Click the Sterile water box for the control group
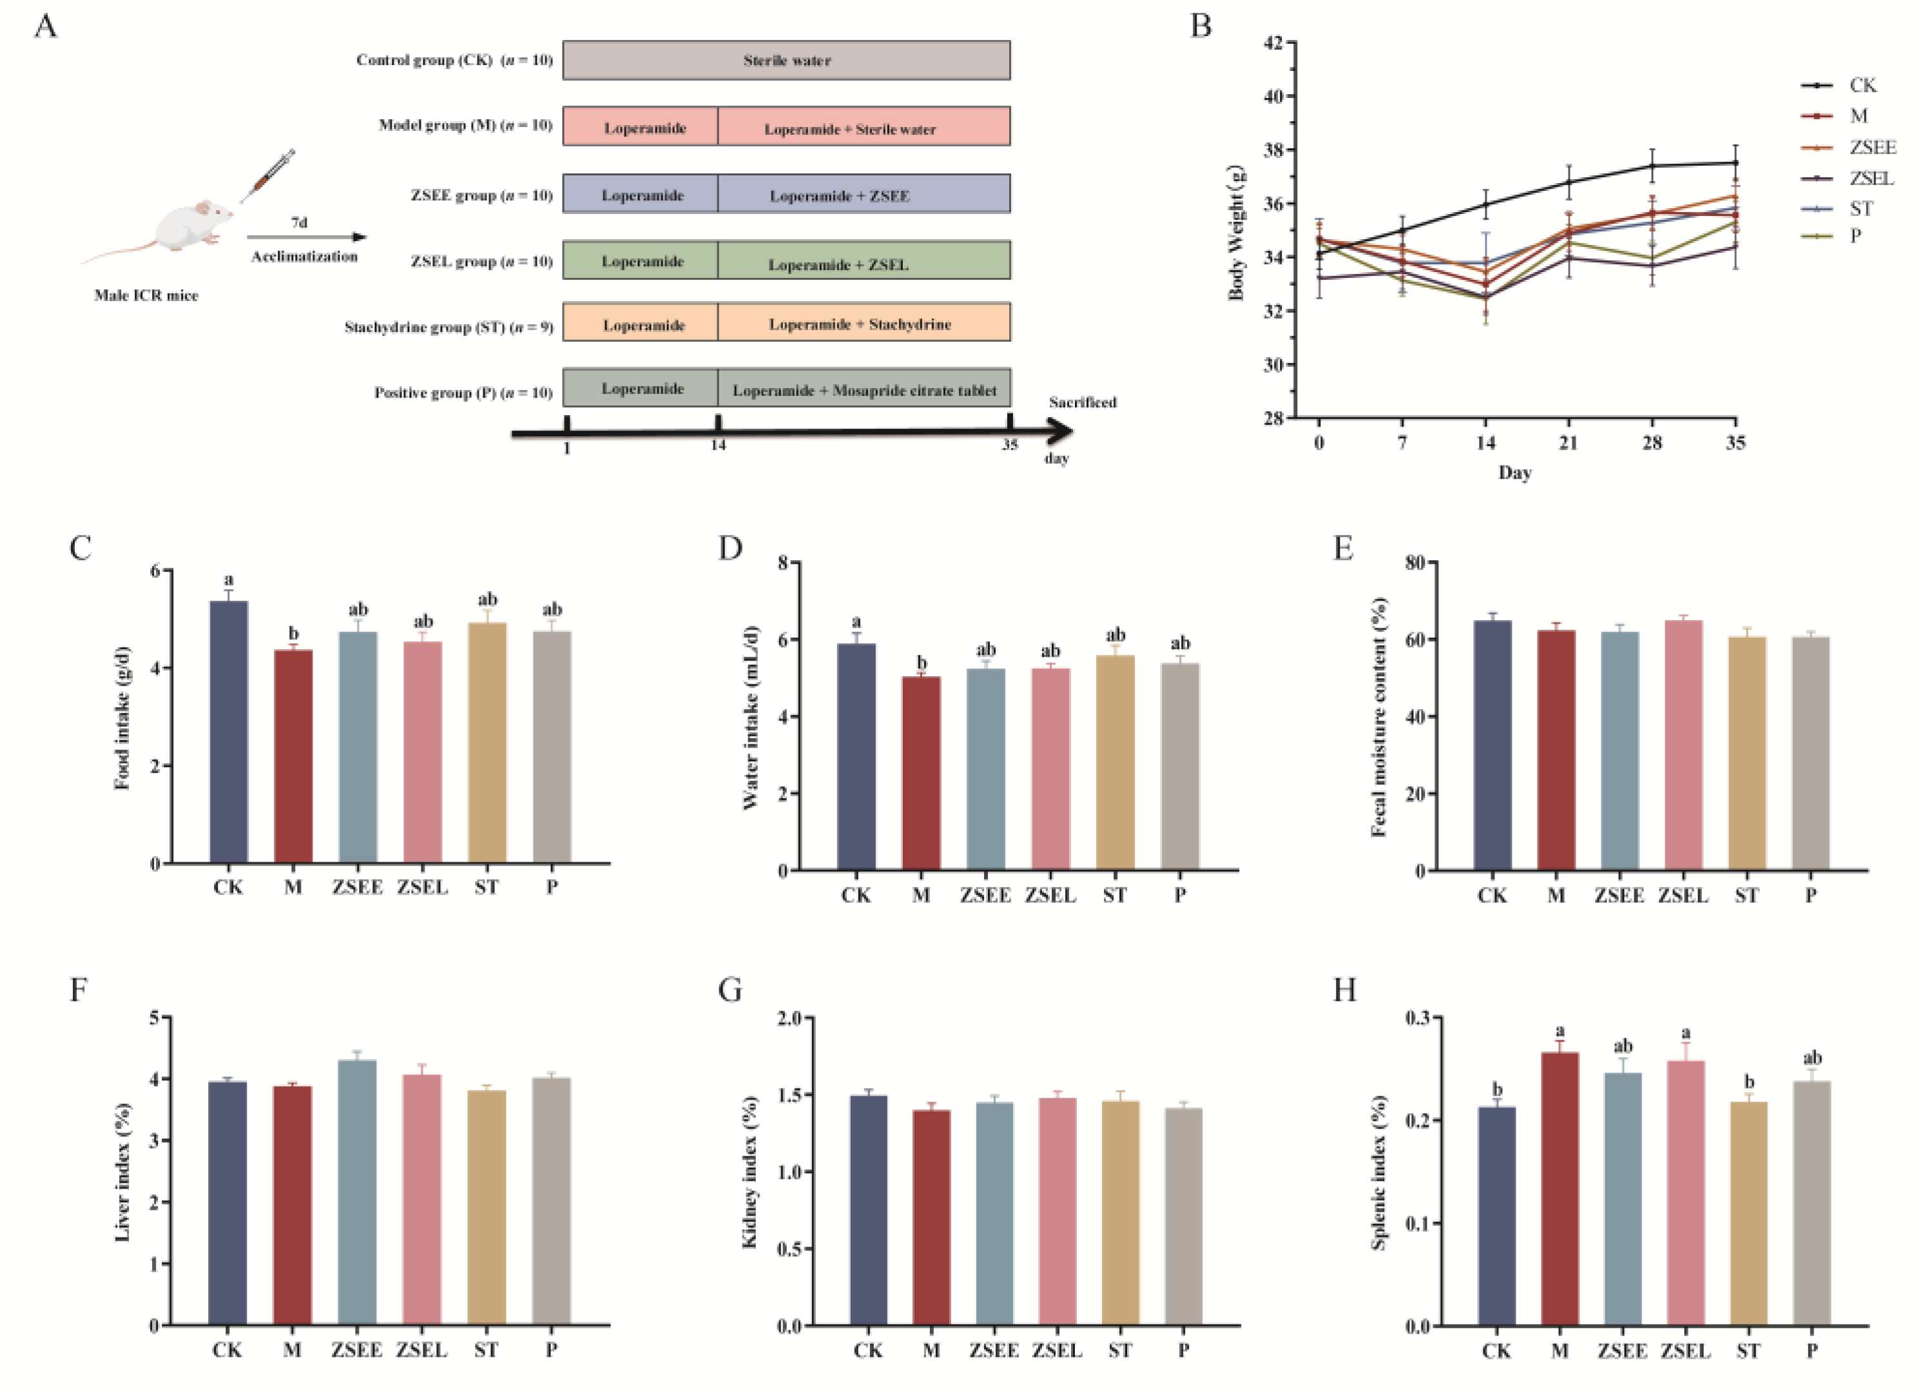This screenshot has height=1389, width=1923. pyautogui.click(x=786, y=60)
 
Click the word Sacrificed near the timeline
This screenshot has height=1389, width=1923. pyautogui.click(x=1082, y=402)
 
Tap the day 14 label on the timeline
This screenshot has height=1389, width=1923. pyautogui.click(x=718, y=445)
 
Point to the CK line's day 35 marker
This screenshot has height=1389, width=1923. pyautogui.click(x=1735, y=163)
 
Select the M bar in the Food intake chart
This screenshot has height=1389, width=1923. pyautogui.click(x=293, y=755)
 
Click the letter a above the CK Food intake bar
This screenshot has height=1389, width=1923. pyautogui.click(x=228, y=580)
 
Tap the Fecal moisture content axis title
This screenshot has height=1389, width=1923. pyautogui.click(x=1378, y=717)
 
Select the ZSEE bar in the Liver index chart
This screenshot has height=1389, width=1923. pyautogui.click(x=357, y=1191)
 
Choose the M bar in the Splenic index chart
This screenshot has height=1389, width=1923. pyautogui.click(x=1560, y=1188)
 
